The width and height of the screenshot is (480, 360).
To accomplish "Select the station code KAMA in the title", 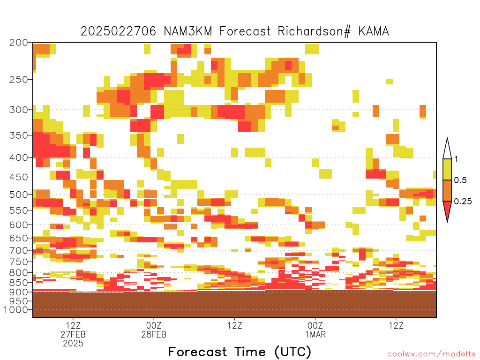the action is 374,31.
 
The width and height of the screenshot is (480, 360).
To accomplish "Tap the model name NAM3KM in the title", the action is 188,31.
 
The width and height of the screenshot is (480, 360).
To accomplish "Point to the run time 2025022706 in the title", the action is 118,31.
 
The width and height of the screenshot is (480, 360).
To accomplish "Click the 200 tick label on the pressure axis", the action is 19,43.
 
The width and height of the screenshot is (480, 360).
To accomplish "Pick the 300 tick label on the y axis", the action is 19,110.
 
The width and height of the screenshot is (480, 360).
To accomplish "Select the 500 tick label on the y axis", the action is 19,195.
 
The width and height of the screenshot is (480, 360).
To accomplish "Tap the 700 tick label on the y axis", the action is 19,250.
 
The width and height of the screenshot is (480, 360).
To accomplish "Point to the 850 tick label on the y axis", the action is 19,283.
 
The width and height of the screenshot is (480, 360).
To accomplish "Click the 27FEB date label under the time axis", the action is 73,334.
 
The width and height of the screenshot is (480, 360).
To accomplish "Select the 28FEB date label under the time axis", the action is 154,334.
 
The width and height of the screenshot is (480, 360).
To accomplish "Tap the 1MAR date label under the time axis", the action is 315,334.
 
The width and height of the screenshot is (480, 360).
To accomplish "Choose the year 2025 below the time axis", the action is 73,344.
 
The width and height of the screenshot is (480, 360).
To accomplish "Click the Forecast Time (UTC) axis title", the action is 240,352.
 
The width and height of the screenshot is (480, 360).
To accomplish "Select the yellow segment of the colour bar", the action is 447,169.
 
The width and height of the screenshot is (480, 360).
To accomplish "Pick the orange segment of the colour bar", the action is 447,190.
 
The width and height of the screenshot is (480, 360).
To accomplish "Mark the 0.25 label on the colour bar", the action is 463,202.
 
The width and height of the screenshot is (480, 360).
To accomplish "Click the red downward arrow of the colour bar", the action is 447,210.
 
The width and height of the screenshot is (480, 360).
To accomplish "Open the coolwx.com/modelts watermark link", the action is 431,354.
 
